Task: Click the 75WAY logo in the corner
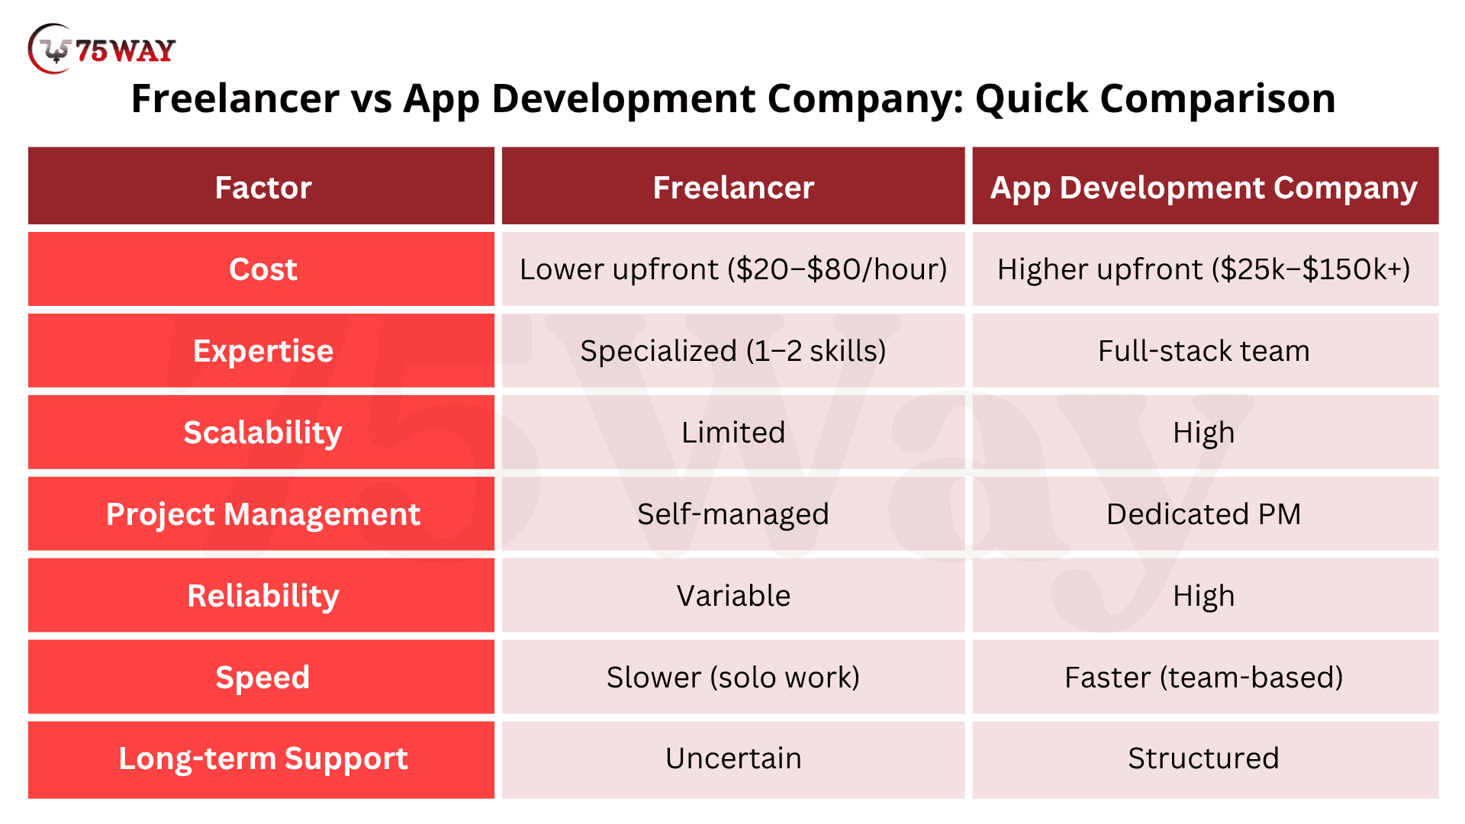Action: (101, 49)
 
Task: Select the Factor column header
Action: (261, 186)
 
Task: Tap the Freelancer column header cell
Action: (733, 186)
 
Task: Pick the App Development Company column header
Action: (1206, 186)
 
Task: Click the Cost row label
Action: (261, 269)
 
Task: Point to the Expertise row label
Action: (261, 351)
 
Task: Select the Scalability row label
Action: (261, 433)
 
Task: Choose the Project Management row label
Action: (261, 514)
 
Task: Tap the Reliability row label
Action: (261, 596)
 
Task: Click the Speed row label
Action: (261, 678)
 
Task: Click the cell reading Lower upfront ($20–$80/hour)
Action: (733, 269)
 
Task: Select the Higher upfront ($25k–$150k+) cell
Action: (1206, 269)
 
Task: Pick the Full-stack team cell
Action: (1206, 351)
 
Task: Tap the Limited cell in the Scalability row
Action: (733, 433)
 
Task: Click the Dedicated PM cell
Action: (1206, 514)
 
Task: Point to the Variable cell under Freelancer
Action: (733, 596)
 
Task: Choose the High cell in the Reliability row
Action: (1206, 596)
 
